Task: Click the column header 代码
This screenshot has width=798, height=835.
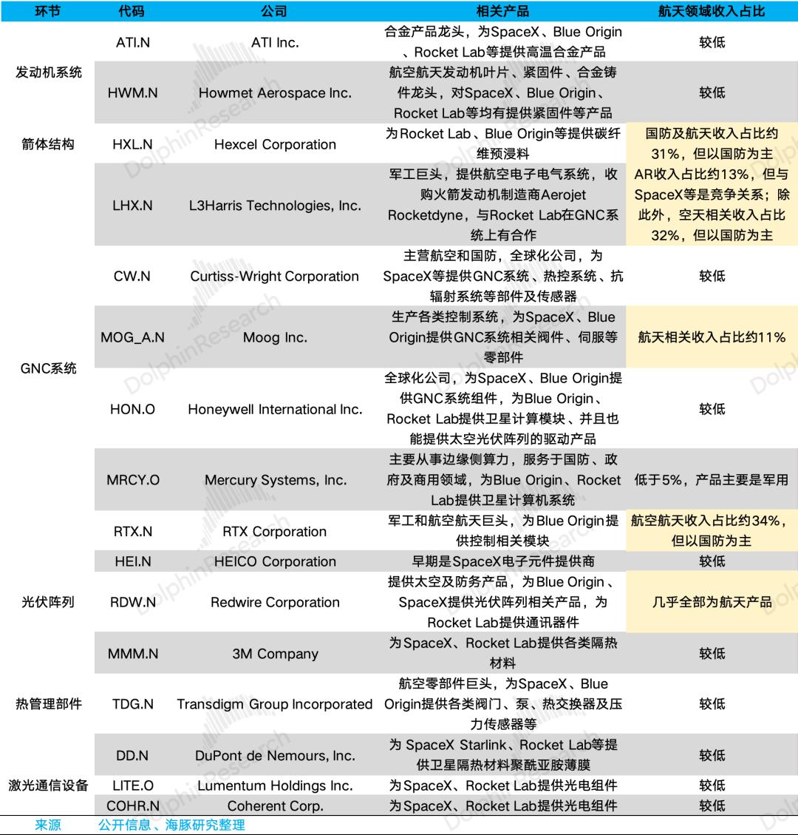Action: click(x=132, y=11)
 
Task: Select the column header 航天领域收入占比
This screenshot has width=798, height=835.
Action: click(x=712, y=11)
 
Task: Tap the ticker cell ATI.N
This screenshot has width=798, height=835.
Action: click(x=133, y=42)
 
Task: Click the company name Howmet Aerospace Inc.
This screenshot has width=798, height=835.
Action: click(x=275, y=93)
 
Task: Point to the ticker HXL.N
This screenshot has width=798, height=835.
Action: click(x=133, y=144)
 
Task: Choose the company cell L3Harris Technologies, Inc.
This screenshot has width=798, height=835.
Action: click(x=275, y=206)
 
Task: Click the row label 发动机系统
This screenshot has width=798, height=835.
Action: click(x=49, y=72)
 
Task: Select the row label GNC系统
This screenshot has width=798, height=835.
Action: click(x=49, y=368)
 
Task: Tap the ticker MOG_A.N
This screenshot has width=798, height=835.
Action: click(x=133, y=337)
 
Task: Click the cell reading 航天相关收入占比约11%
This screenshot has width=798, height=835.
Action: click(x=712, y=337)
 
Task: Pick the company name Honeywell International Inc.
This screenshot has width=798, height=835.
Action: click(x=275, y=409)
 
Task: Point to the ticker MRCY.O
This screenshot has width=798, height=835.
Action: click(x=133, y=480)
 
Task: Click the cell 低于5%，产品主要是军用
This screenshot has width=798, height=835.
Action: click(x=712, y=480)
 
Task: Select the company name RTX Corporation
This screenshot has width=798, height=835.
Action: click(x=275, y=531)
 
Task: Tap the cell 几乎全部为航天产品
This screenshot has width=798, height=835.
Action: click(x=712, y=602)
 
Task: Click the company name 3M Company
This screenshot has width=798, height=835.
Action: click(x=275, y=654)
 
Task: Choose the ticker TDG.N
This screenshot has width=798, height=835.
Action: click(x=133, y=704)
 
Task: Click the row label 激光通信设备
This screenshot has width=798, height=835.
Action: click(x=49, y=785)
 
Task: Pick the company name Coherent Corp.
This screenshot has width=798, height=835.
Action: click(x=275, y=805)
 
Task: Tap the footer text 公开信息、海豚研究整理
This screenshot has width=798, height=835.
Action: click(x=171, y=824)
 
